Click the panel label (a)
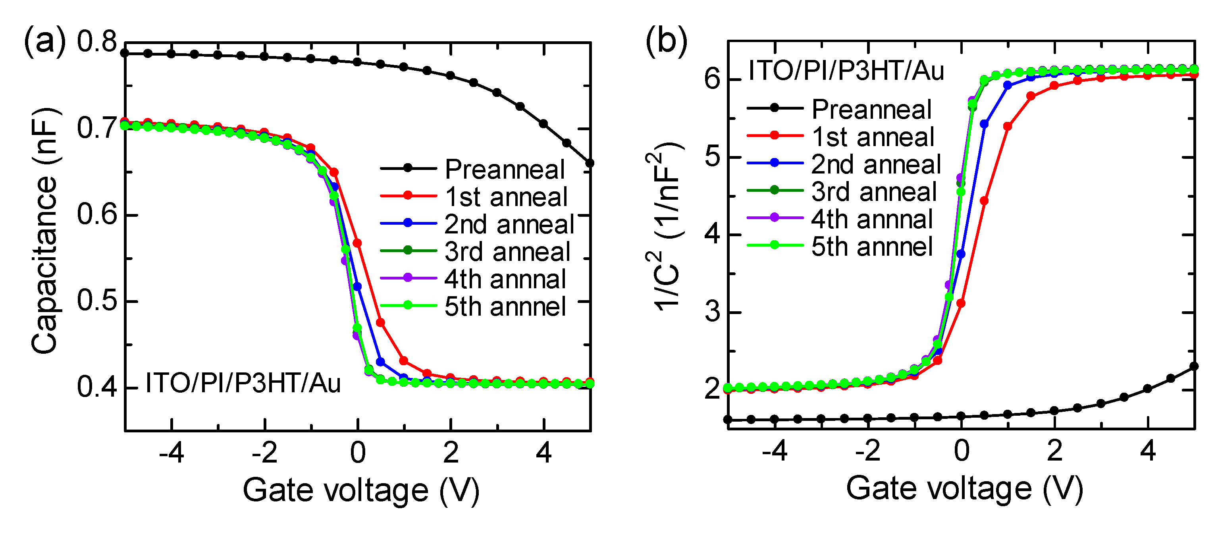pyautogui.click(x=45, y=42)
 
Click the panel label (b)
pyautogui.click(x=666, y=42)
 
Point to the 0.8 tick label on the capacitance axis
pyautogui.click(x=97, y=42)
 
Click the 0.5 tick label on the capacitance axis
pyautogui.click(x=97, y=301)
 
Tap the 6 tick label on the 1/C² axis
pyautogui.click(x=712, y=79)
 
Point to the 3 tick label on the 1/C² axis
pyautogui.click(x=712, y=312)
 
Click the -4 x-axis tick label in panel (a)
pyautogui.click(x=172, y=453)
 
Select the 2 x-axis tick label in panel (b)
pyautogui.click(x=1054, y=451)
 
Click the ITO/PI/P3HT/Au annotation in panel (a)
pyautogui.click(x=243, y=382)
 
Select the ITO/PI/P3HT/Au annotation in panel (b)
pyautogui.click(x=846, y=71)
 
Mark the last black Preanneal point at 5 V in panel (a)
pyautogui.click(x=590, y=163)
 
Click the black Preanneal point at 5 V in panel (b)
pyautogui.click(x=1194, y=366)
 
